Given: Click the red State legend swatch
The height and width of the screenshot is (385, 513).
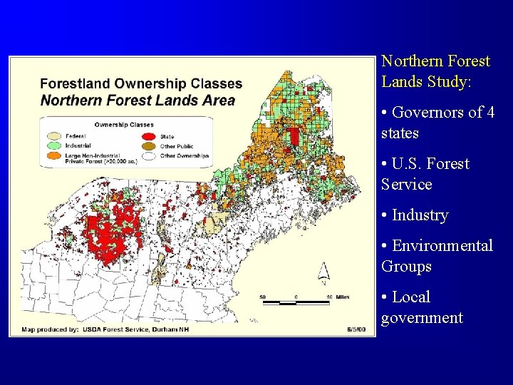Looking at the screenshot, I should [148, 135].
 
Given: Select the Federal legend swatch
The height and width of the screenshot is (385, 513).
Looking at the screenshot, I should [55, 135].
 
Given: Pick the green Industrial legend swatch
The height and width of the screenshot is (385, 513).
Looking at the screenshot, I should [55, 145].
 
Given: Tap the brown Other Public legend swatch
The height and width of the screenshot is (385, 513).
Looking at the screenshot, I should [148, 145].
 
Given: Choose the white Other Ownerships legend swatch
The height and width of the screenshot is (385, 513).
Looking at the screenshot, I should [148, 155].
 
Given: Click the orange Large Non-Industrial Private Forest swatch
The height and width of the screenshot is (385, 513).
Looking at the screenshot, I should [55, 155].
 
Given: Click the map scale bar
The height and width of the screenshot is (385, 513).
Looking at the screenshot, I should [296, 302].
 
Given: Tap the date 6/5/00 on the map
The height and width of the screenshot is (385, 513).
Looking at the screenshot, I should [356, 329].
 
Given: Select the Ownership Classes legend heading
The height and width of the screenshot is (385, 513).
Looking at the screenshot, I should [124, 125].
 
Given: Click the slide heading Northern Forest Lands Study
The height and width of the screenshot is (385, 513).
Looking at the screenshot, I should [435, 71].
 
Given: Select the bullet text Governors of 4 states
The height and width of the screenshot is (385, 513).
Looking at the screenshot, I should [437, 123].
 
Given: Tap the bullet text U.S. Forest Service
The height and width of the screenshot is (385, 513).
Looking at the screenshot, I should [425, 174].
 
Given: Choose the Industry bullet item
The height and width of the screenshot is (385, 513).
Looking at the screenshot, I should [420, 215].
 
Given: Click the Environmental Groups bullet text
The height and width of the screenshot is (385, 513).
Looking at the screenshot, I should [437, 255].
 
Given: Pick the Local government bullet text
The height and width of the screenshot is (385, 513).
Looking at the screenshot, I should [422, 307].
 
